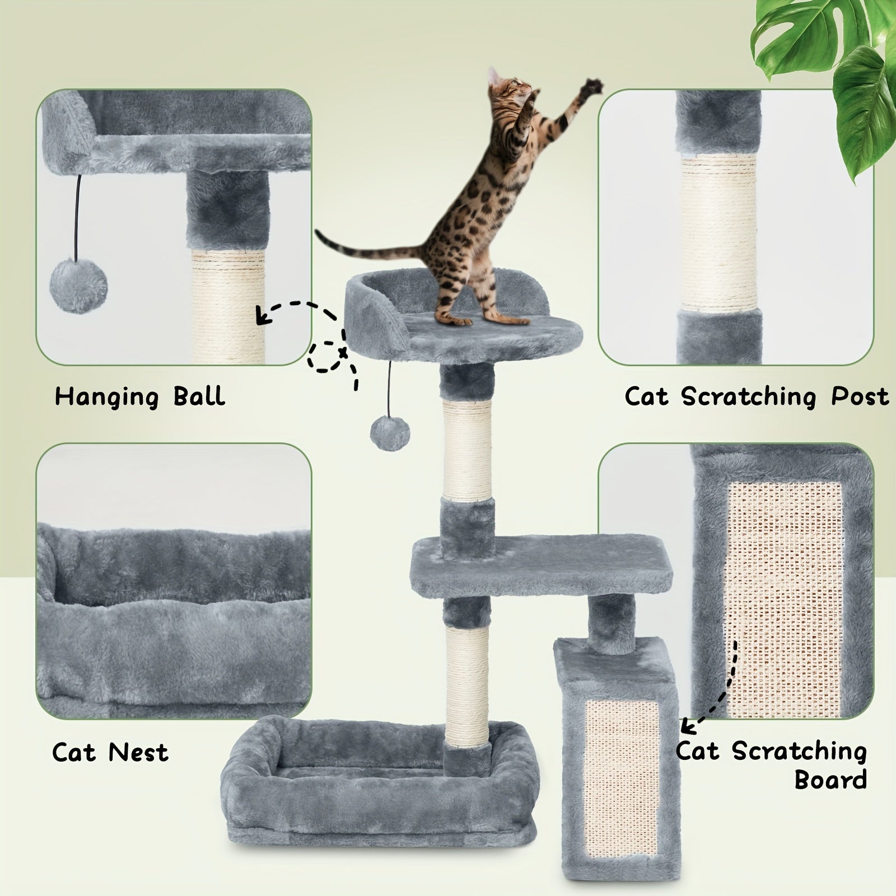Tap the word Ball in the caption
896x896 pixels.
click(199, 396)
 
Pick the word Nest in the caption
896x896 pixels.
click(138, 752)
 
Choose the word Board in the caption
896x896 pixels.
click(830, 780)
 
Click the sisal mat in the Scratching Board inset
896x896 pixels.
click(784, 599)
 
